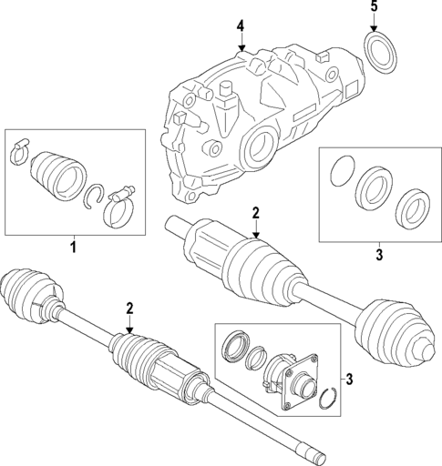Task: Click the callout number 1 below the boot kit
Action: click(x=73, y=247)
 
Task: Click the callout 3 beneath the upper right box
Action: click(x=378, y=254)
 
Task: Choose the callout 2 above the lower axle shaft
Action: click(x=130, y=309)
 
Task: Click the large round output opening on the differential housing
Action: click(x=261, y=146)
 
